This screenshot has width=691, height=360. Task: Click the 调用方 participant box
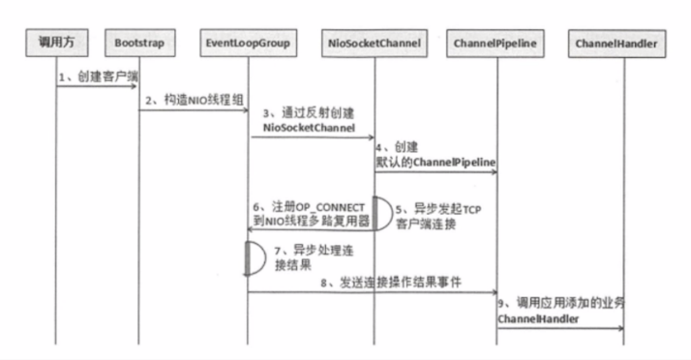pos(56,44)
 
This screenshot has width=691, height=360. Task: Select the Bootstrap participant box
pos(138,44)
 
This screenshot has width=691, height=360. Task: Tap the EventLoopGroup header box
pos(248,44)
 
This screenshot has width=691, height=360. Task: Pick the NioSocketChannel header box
pos(374,44)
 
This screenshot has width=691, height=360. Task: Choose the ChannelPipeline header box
pos(496,44)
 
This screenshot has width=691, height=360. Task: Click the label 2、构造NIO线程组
pos(191,101)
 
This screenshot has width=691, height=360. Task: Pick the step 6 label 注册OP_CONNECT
pos(308,207)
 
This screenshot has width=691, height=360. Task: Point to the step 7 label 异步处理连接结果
pos(298,255)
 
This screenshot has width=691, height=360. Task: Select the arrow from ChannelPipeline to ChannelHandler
pos(559,328)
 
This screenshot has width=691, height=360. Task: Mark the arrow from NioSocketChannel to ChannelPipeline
pos(436,174)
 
